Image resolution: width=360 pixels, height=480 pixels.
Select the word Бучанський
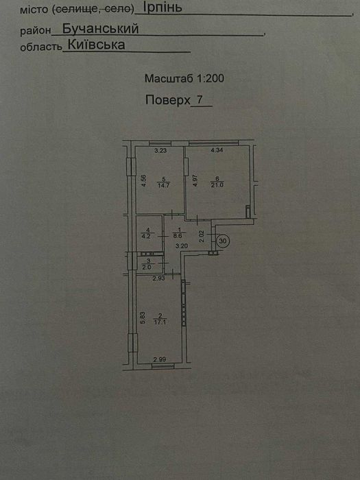click(x=100, y=29)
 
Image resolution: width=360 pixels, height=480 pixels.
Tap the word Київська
click(x=96, y=45)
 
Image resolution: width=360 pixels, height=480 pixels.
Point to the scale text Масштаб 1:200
click(x=184, y=78)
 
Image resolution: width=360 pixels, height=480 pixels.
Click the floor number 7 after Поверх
click(x=200, y=99)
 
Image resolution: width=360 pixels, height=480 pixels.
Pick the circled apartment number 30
click(x=223, y=241)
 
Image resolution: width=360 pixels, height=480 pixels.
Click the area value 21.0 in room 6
click(x=217, y=185)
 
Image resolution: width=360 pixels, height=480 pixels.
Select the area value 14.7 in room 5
click(x=163, y=185)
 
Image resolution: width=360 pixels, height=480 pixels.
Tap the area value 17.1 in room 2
click(x=160, y=322)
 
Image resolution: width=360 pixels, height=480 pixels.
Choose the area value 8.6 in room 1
click(x=178, y=236)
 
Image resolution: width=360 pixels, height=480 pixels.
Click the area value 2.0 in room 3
click(x=147, y=267)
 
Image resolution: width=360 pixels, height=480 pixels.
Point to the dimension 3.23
click(x=160, y=150)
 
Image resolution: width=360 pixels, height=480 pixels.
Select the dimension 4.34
click(x=217, y=150)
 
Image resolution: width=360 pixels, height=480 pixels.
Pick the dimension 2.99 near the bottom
click(x=160, y=359)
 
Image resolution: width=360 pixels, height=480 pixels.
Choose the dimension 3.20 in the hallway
click(x=182, y=245)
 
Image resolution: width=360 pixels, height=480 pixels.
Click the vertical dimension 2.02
click(x=202, y=237)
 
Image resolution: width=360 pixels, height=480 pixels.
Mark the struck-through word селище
click(x=73, y=10)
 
